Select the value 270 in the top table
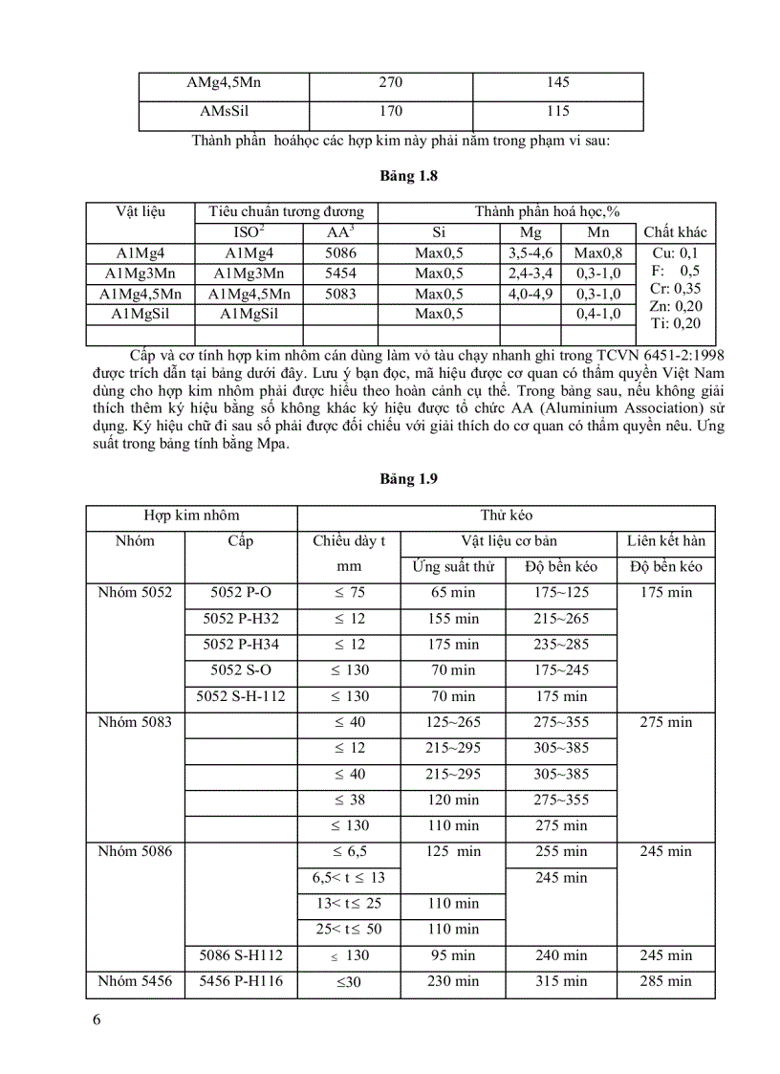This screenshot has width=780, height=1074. click(x=390, y=83)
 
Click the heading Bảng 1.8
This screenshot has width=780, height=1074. click(x=389, y=176)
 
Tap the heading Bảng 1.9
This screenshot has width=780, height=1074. click(x=389, y=477)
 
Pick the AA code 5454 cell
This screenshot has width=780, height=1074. click(x=340, y=273)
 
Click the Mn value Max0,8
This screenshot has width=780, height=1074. click(x=597, y=252)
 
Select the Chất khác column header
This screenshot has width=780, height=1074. click(x=676, y=232)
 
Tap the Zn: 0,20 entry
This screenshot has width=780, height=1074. click(x=675, y=305)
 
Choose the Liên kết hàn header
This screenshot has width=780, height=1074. click(x=665, y=540)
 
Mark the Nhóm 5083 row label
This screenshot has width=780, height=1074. click(x=135, y=722)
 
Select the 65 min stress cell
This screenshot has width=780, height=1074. click(x=452, y=593)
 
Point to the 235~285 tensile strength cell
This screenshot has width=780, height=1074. click(x=561, y=645)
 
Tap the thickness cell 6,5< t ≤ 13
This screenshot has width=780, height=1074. click(x=348, y=877)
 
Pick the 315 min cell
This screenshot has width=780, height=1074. click(x=561, y=980)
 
